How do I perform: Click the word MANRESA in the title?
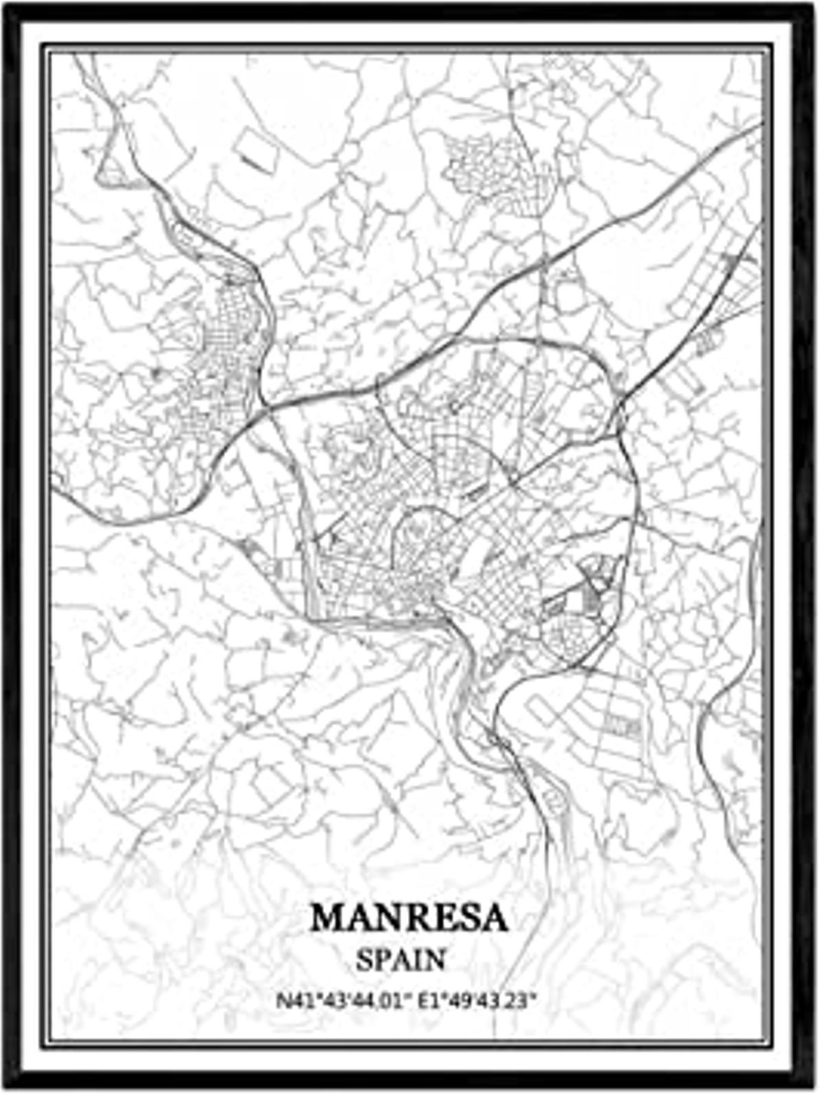pyautogui.click(x=409, y=918)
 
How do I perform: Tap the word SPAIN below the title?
pyautogui.click(x=401, y=959)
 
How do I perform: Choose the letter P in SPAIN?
pyautogui.click(x=380, y=959)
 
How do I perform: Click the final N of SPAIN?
pyautogui.click(x=435, y=959)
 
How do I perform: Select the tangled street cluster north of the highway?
pyautogui.click(x=481, y=165)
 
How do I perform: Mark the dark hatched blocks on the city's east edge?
pyautogui.click(x=595, y=584)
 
